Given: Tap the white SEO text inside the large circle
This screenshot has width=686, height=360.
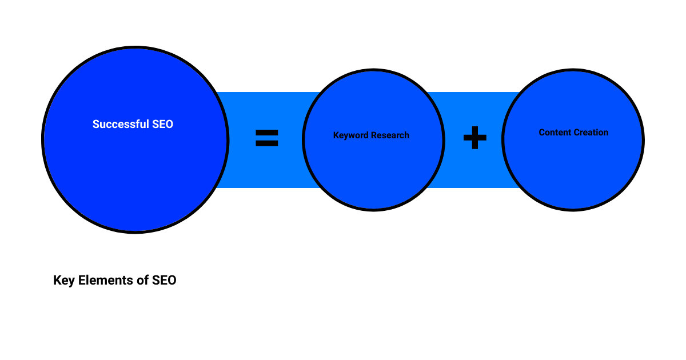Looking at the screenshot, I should click(162, 124).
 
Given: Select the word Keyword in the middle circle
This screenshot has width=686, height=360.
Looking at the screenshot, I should click(351, 135).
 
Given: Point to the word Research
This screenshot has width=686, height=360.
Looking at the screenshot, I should click(390, 135).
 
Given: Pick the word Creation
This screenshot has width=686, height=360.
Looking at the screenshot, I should click(592, 133).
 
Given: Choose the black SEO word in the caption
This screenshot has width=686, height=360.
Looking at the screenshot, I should click(165, 281).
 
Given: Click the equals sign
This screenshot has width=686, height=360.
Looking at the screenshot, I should click(266, 138).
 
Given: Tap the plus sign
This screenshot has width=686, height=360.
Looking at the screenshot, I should click(474, 138).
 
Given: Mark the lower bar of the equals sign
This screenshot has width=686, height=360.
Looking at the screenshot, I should click(266, 143).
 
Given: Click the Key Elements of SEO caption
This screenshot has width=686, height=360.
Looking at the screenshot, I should click(114, 281).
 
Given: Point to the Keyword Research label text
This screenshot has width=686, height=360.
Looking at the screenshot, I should click(371, 135).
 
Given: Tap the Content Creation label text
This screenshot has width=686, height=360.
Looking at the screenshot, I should click(573, 133).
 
